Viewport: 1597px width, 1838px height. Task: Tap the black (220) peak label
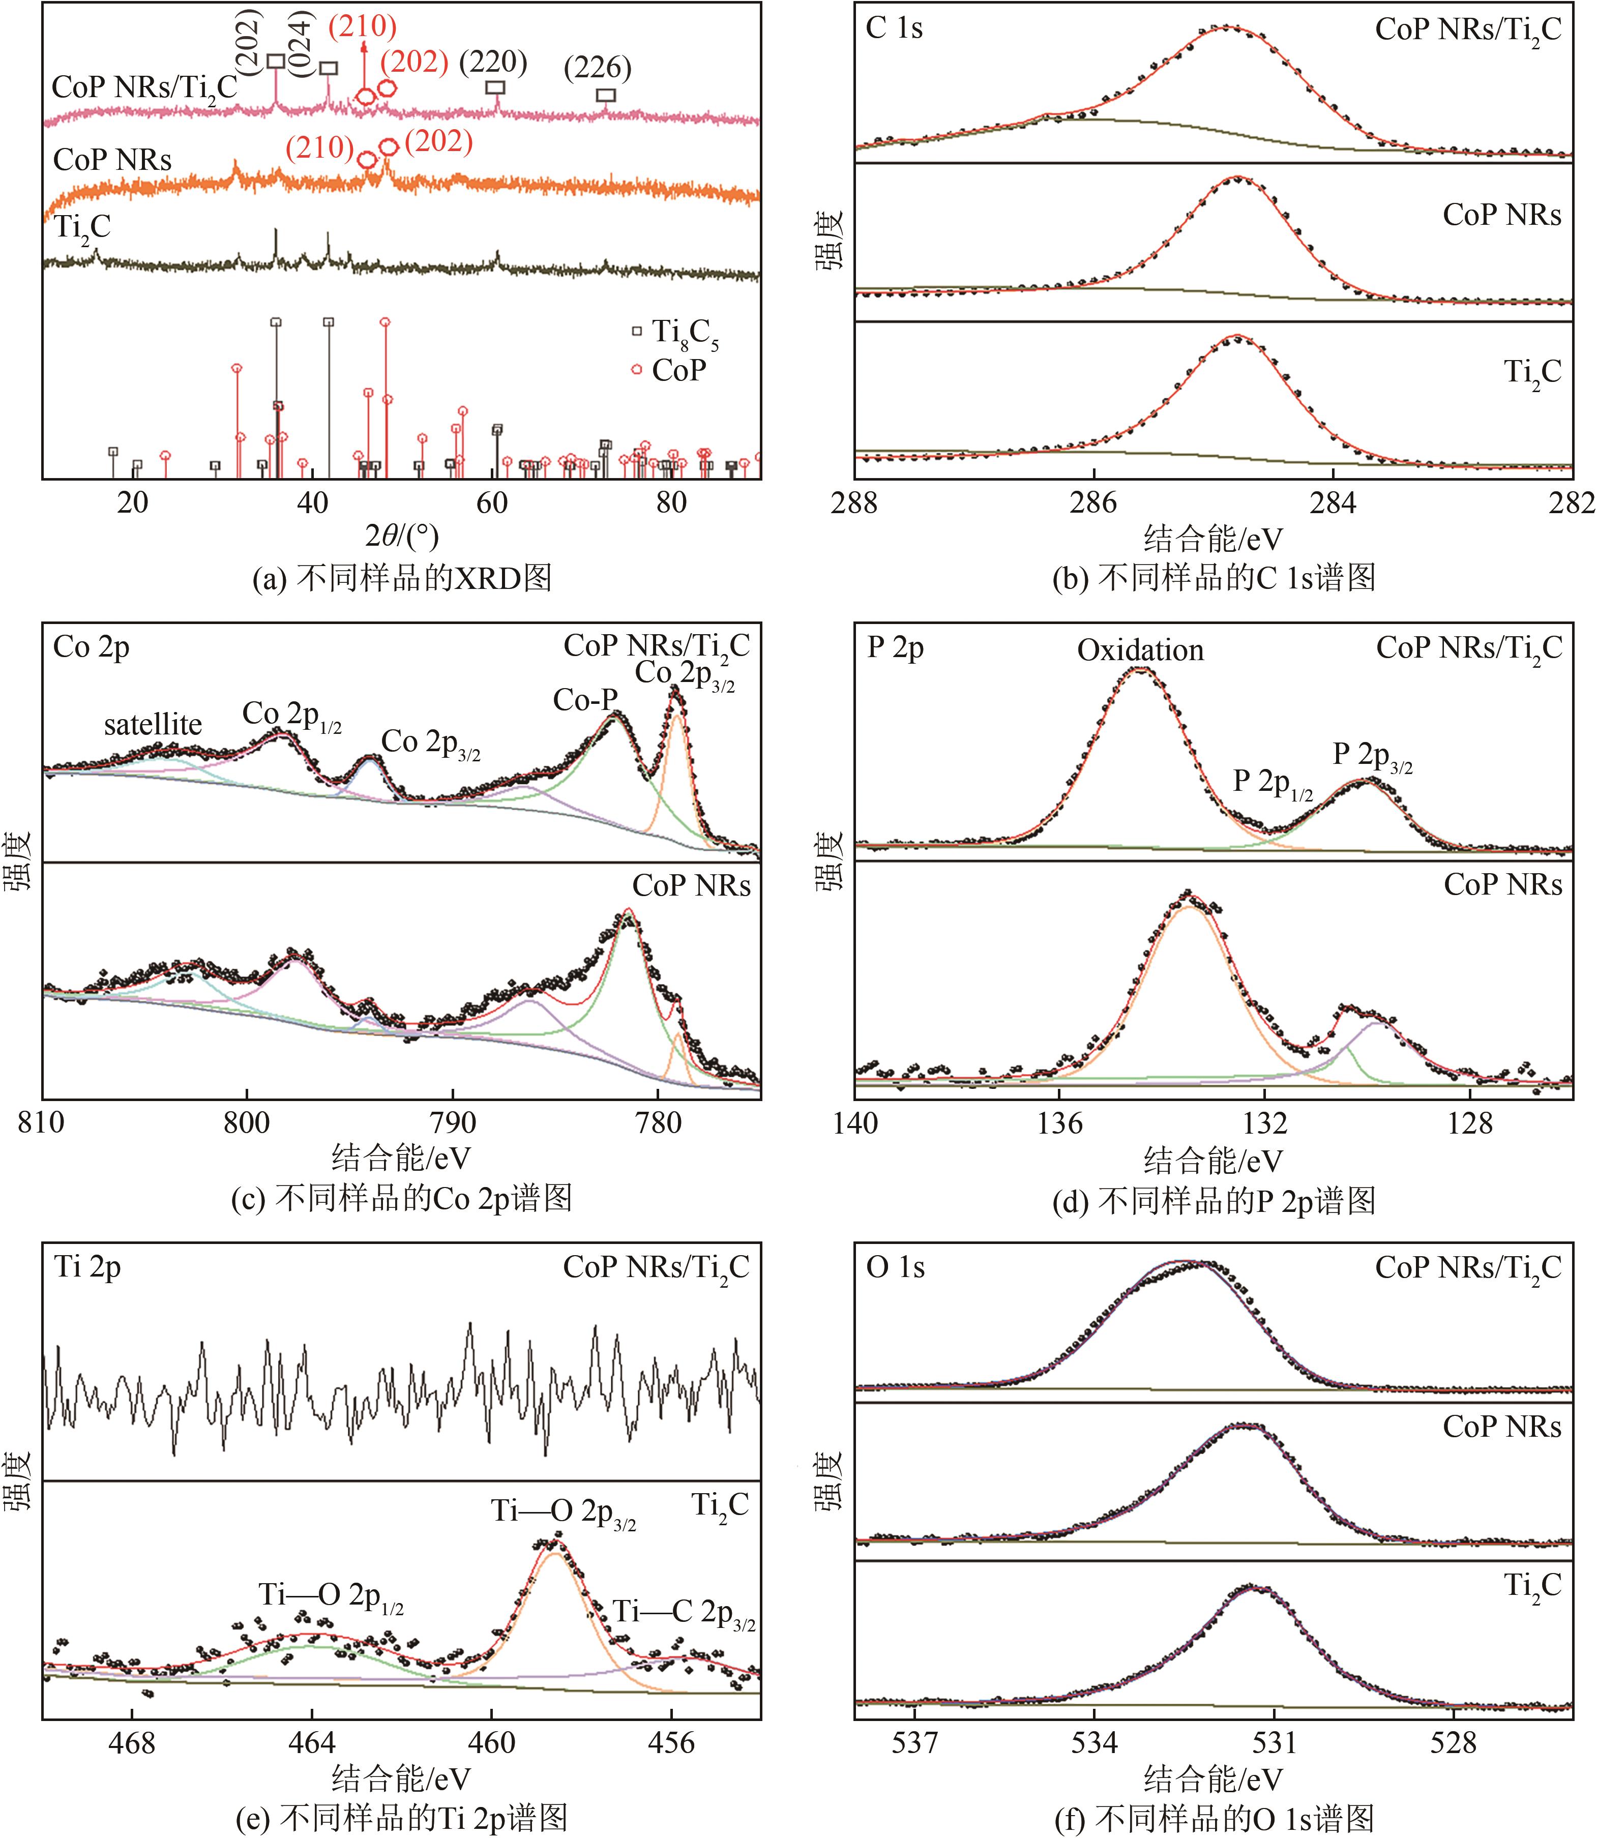pyautogui.click(x=493, y=63)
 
